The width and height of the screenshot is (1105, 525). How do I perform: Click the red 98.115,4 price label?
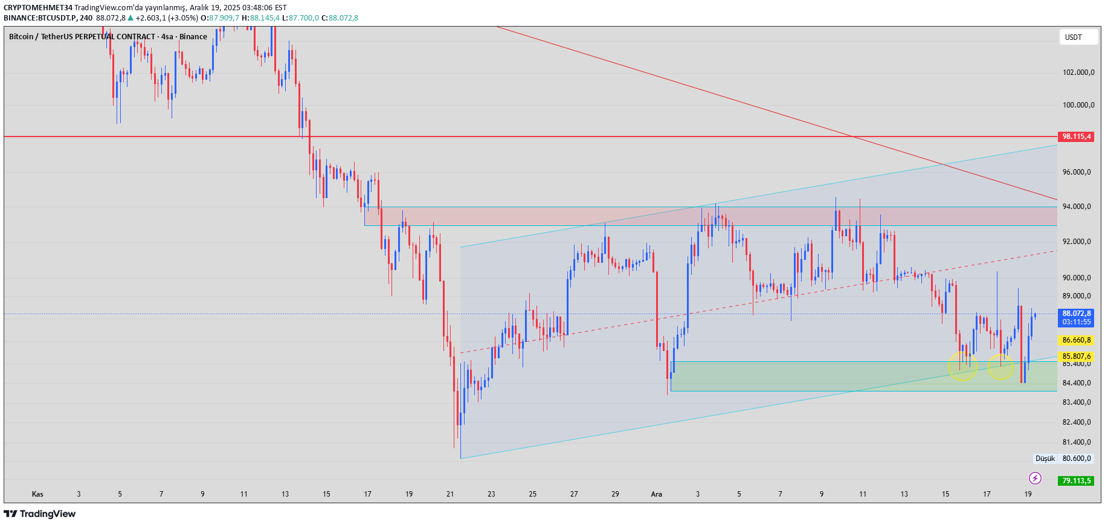click(1076, 137)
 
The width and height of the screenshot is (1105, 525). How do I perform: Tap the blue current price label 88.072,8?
click(1076, 314)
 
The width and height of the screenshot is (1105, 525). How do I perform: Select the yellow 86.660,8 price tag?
click(1076, 340)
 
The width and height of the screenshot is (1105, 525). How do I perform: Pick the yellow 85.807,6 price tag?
click(1076, 356)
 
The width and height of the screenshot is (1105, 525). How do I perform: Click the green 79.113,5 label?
click(1076, 481)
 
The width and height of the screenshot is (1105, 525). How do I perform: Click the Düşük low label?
click(1045, 459)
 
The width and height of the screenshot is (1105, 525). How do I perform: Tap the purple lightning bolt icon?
click(1035, 478)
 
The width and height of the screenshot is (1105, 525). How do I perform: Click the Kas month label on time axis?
click(37, 494)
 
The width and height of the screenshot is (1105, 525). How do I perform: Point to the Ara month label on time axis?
click(656, 494)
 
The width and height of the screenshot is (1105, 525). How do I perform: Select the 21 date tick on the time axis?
click(450, 494)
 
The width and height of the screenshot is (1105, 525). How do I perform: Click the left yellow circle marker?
click(962, 367)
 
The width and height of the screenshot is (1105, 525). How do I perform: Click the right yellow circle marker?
click(1000, 367)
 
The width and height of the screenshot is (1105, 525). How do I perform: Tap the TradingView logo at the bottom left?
click(40, 514)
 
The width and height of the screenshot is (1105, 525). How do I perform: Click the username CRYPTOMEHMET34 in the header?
click(37, 8)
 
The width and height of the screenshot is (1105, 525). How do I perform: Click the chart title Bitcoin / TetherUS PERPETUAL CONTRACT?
click(82, 37)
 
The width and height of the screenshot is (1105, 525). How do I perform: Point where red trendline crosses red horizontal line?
click(851, 137)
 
